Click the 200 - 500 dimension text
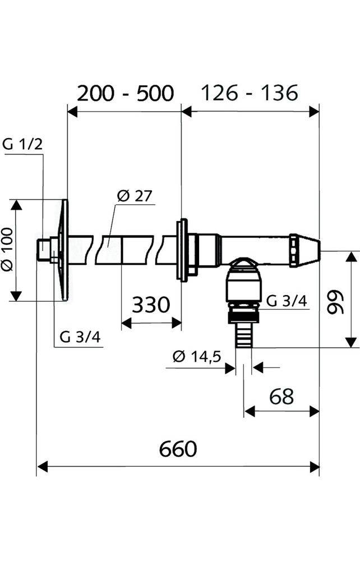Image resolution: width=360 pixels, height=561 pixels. point(125,93)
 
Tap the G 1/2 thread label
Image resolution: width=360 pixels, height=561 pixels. point(22,144)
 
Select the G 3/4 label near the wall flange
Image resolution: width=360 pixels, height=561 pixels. point(77,338)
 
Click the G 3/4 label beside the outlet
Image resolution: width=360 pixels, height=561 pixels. point(286,301)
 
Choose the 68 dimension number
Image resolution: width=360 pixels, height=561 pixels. point(281,396)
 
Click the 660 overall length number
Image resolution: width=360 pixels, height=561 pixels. point(178,449)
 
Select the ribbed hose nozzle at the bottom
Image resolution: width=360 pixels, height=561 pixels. point(243,335)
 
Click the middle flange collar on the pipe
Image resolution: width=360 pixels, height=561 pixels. point(182,250)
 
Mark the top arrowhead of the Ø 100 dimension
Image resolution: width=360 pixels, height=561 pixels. point(17,204)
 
